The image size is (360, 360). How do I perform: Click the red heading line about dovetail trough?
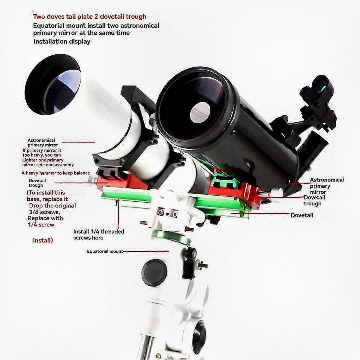90,16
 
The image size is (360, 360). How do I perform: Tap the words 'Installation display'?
62,41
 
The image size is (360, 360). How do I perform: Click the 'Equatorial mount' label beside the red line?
105,251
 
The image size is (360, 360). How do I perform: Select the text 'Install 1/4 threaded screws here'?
99,235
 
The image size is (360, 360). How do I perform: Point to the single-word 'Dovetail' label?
302,215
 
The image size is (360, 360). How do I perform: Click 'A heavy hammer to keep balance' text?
56,173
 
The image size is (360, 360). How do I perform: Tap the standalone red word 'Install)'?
43,240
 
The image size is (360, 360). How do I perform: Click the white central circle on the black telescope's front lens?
200,113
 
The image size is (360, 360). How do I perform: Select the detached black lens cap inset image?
53,84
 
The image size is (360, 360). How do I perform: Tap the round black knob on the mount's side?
154,273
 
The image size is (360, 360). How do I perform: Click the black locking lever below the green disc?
190,262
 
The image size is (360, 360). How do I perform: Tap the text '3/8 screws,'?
44,212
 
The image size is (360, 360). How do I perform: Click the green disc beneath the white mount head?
172,237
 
